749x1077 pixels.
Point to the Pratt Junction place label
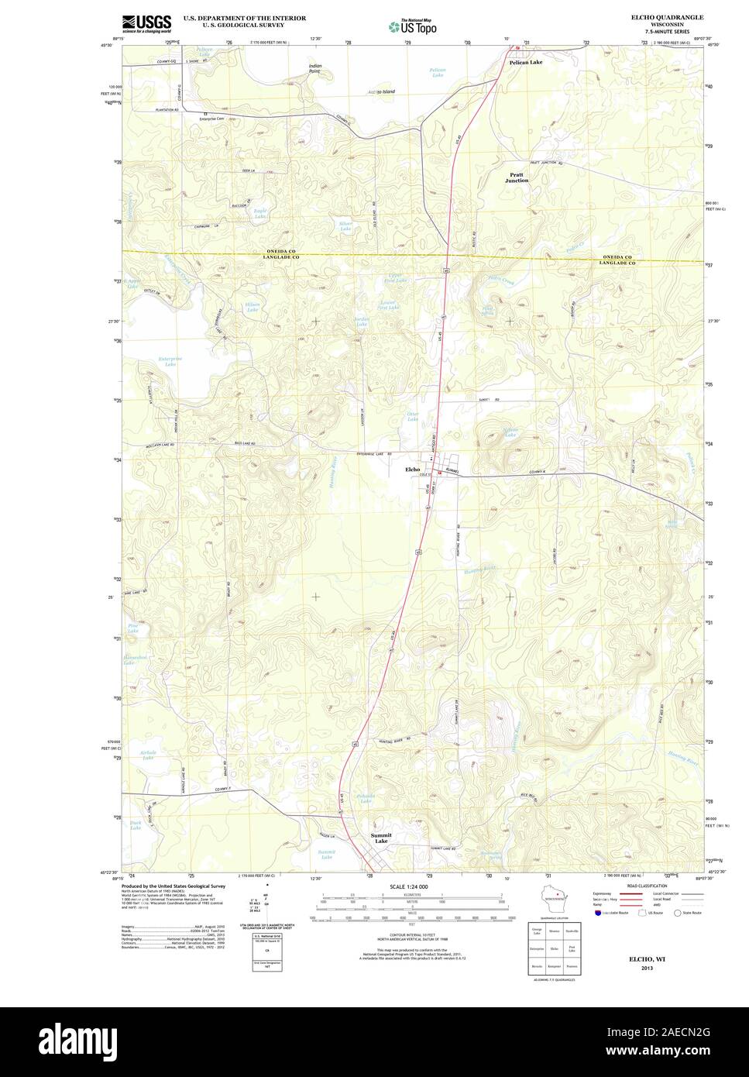click(x=517, y=177)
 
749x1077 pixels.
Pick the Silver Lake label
click(x=345, y=226)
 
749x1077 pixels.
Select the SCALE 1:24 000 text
click(x=408, y=886)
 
